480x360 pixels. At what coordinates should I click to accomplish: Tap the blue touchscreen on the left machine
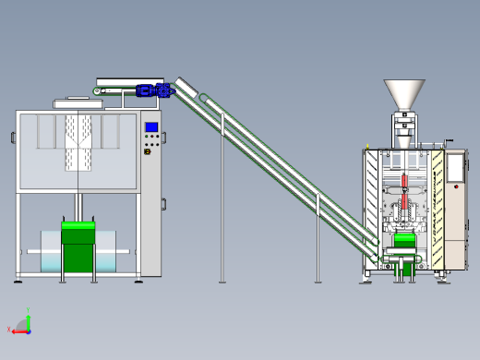(151, 126)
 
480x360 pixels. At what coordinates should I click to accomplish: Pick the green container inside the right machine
(404, 241)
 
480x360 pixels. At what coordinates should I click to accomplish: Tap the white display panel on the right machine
(454, 167)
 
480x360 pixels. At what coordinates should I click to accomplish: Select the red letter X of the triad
(8, 329)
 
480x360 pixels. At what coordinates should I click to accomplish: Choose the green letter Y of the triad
(28, 311)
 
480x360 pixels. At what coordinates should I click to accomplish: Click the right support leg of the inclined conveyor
(317, 240)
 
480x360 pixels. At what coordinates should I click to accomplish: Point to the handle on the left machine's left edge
(13, 138)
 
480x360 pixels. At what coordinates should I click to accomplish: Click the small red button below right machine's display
(456, 187)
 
